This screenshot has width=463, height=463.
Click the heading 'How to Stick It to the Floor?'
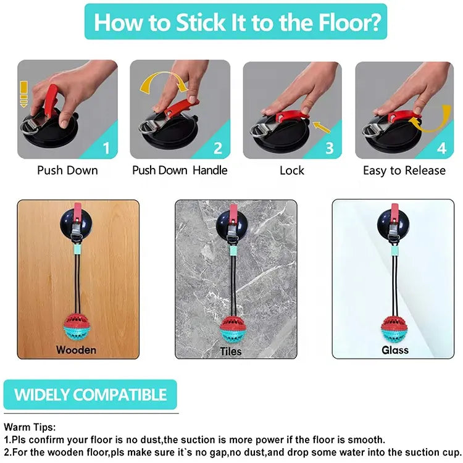tap(237, 22)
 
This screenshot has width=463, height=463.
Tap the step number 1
tap(106, 148)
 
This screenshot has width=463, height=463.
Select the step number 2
tap(218, 148)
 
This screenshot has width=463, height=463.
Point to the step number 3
tap(330, 148)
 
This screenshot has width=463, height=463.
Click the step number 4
tap(441, 148)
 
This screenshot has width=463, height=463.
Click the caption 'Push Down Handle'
tap(180, 170)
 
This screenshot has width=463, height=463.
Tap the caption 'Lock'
tap(292, 170)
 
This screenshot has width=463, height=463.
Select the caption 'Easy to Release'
tap(404, 170)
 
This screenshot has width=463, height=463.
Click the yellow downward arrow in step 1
tap(23, 94)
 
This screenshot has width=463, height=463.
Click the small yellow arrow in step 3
tap(321, 127)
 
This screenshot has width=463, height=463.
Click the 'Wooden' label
tap(76, 350)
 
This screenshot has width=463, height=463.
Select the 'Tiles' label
tap(231, 351)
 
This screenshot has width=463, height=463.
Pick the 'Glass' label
tap(395, 350)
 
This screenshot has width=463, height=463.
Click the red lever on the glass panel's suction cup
tap(394, 212)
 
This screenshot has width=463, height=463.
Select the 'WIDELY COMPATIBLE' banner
tap(90, 394)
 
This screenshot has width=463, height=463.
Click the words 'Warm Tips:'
tap(30, 427)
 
